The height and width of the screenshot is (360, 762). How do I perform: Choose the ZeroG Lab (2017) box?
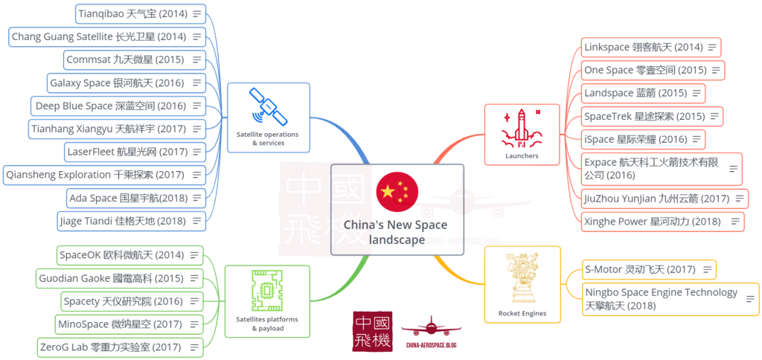coord(120,347)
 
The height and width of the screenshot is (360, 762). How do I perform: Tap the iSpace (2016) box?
coord(644,139)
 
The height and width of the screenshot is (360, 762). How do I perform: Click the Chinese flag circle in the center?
coord(397,191)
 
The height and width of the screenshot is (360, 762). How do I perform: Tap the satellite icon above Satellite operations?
coord(267,108)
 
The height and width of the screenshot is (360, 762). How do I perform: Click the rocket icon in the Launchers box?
coord(521,126)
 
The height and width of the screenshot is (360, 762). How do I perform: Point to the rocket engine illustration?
coord(522,279)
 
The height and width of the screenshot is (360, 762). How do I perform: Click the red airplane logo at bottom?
coord(431,327)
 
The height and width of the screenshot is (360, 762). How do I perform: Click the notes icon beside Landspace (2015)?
coord(697,93)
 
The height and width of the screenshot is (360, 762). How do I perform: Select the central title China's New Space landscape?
coord(397,232)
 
